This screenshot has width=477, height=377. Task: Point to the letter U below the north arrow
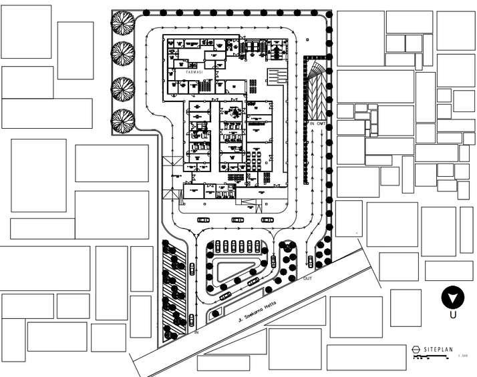coord(453,315)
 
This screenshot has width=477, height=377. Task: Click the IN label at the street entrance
coord(196,331)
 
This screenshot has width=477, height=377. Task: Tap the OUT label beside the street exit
coord(307,278)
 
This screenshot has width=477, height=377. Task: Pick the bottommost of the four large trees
coord(122,120)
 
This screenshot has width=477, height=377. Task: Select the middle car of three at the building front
coord(238,220)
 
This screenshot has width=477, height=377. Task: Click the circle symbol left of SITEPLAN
coord(416,349)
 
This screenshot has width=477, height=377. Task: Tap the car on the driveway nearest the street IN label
coord(192,318)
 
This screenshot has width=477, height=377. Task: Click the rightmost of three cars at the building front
coord(267,220)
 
